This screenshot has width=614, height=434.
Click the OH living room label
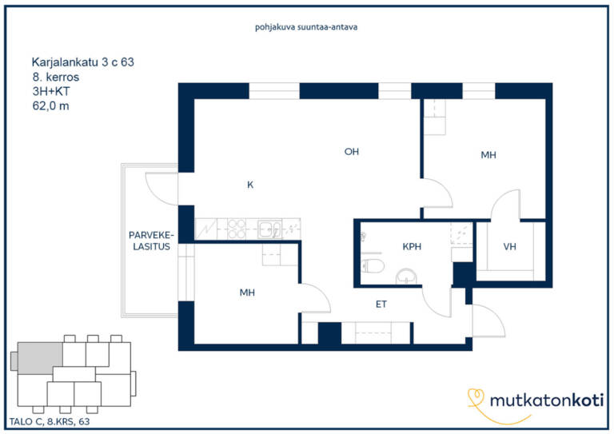[x=351, y=151]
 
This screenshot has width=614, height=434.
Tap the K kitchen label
[x=250, y=185]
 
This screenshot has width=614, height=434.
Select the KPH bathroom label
[x=412, y=246]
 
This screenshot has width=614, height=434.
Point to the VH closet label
[x=509, y=246]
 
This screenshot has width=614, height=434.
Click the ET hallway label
[x=381, y=304]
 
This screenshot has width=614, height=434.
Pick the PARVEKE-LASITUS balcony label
[x=151, y=241]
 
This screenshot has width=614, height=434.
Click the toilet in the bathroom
[x=373, y=265]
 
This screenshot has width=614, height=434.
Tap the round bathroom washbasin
[x=406, y=277]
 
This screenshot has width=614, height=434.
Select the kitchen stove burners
[x=237, y=229]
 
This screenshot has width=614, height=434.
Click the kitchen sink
[x=269, y=229]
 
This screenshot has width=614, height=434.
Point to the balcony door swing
[x=161, y=189]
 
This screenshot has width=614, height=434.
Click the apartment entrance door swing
[x=488, y=321]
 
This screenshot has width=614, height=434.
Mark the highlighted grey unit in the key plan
[x=40, y=358]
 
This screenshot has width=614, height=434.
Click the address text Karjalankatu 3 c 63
[x=82, y=62]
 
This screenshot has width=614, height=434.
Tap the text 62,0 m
[x=51, y=106]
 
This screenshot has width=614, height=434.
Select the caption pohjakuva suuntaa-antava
[x=306, y=27]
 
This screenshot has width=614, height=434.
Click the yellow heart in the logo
[x=476, y=396]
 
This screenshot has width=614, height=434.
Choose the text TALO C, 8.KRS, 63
[x=50, y=421]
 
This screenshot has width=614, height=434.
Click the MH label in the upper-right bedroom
[x=488, y=155]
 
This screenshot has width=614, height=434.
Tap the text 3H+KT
[x=51, y=91]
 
